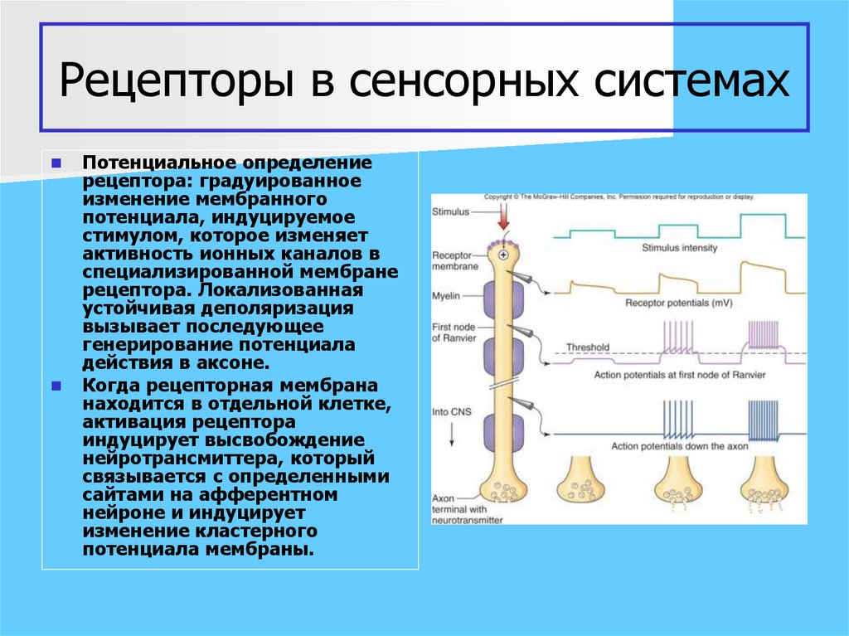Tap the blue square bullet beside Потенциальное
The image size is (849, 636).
[56, 164]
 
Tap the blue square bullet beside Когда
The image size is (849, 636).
[56, 386]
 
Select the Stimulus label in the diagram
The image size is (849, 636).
[450, 212]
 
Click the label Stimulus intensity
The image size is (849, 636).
[679, 248]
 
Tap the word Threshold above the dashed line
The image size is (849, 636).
[587, 347]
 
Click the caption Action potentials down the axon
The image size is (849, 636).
[679, 446]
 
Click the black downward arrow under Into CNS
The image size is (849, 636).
[450, 432]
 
